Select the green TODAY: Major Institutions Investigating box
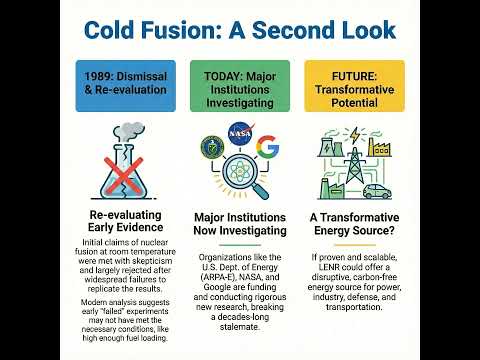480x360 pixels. click(x=240, y=85)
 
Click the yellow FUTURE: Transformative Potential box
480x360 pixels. click(x=354, y=85)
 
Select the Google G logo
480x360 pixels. click(x=266, y=149)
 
